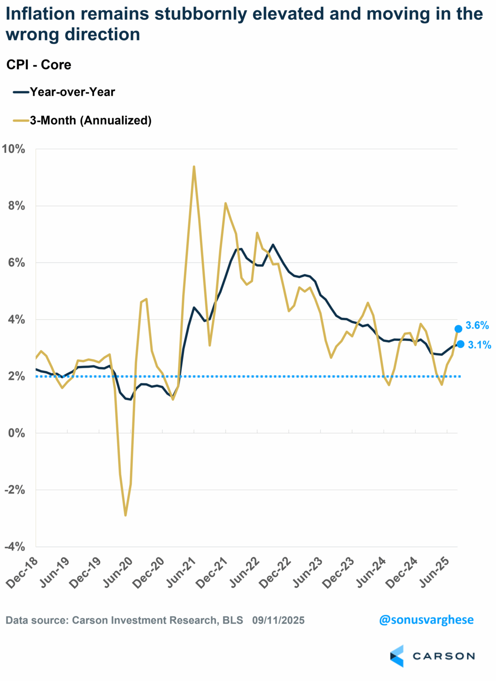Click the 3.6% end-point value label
point(477,325)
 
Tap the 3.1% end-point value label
point(479,345)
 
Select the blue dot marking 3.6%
point(458,329)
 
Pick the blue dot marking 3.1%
point(460,344)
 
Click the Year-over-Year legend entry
point(72,92)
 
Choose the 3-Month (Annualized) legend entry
point(90,121)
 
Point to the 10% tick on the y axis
point(13,149)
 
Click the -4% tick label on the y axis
point(15,546)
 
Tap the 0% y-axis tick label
point(17,433)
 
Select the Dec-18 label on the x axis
point(22,573)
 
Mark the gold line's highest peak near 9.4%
point(194,166)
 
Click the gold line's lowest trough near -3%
point(125,515)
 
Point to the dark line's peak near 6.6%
point(273,245)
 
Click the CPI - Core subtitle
point(39,65)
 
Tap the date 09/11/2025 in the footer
point(278,620)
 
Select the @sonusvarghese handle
point(426,620)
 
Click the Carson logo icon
point(397,656)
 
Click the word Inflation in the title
point(40,14)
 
